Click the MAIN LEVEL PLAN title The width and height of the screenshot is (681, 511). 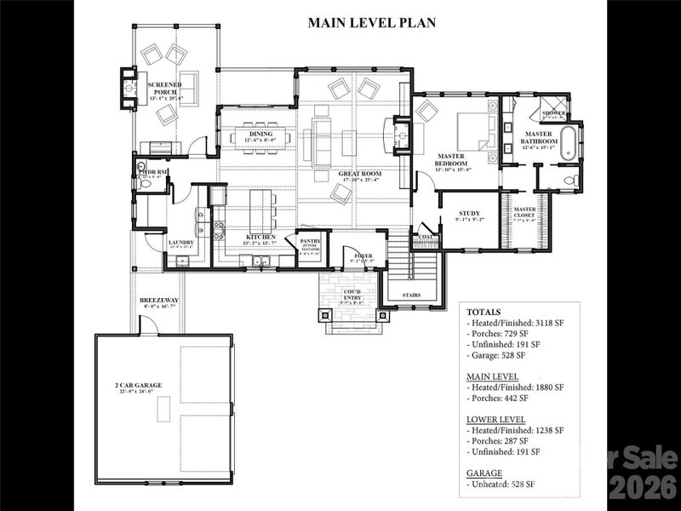[371, 23]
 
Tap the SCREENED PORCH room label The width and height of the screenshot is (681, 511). [163, 89]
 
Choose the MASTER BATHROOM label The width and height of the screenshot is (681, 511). [541, 135]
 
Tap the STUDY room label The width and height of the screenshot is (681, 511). [470, 214]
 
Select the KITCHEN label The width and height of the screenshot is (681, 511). [260, 238]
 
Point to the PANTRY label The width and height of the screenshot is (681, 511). [309, 242]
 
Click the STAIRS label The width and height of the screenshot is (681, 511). [411, 296]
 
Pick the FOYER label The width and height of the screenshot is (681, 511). [363, 255]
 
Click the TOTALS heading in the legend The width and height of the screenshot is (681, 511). [484, 313]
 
